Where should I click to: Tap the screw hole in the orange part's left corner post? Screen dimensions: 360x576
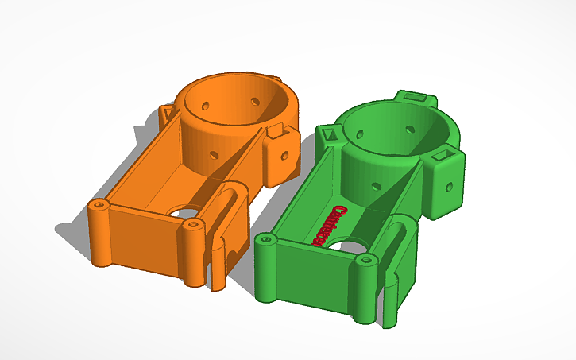(x=99, y=205)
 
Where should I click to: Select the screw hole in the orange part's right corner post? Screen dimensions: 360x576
(x=191, y=225)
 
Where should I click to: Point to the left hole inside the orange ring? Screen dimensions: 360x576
(x=207, y=104)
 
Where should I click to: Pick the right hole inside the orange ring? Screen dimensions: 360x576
(x=256, y=101)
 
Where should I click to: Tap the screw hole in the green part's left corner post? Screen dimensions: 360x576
(x=265, y=239)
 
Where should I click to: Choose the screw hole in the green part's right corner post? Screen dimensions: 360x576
(x=366, y=260)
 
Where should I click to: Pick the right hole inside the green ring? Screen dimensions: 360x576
(x=412, y=127)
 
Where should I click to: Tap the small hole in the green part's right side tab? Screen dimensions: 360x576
(x=450, y=188)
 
